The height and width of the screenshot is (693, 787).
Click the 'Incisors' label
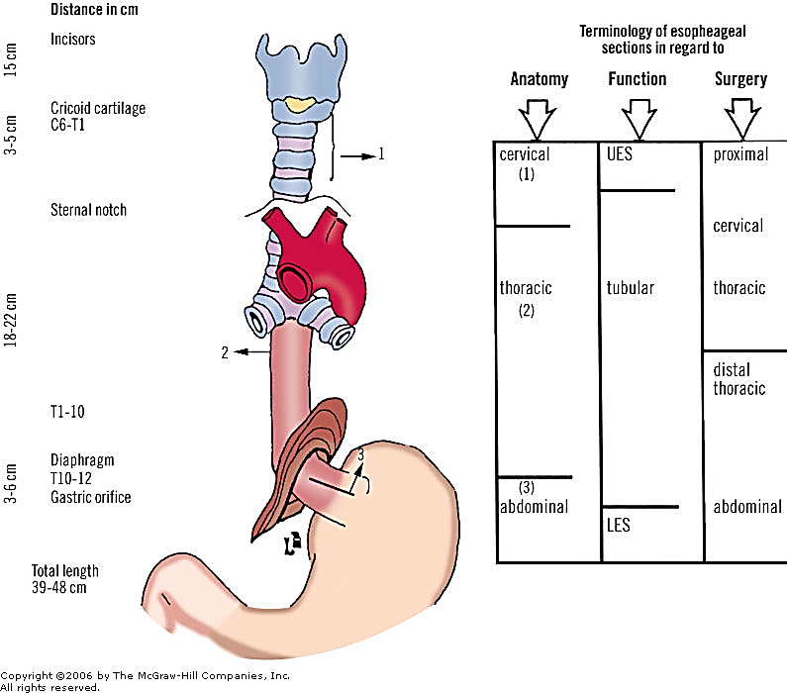coord(73,40)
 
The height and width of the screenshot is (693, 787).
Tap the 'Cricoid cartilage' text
coord(98,108)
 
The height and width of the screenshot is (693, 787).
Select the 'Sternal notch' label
coord(88,210)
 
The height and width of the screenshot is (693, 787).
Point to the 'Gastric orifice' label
coord(91,497)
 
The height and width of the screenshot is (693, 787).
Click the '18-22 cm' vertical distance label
coord(11,320)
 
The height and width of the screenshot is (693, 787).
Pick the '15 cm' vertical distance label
coord(11,59)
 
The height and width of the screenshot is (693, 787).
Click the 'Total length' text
coord(65,570)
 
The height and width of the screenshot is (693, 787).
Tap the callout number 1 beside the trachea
coord(381,153)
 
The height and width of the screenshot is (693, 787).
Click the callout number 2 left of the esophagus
coord(225,352)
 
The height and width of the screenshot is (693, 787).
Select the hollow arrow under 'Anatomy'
coord(538,119)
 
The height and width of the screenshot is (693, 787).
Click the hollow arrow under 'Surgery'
coord(742,119)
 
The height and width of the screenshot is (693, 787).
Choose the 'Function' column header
coord(638,79)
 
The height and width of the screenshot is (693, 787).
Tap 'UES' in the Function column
coord(620,154)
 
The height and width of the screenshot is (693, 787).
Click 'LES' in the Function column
coord(619,526)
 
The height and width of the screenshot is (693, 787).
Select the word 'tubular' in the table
coord(631,288)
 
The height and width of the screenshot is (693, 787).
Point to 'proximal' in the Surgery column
coord(740,154)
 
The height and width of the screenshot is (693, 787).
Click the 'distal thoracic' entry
coord(739,379)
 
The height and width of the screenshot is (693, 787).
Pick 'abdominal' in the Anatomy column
coord(534,506)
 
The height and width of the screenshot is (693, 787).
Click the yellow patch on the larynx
coord(301,104)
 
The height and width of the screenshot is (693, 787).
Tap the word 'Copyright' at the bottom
coord(26,676)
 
